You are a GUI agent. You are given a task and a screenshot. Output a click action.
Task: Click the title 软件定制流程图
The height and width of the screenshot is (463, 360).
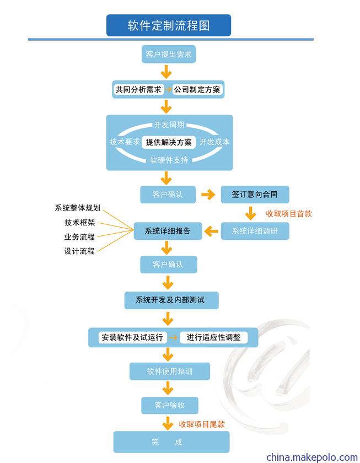[x=169, y=25]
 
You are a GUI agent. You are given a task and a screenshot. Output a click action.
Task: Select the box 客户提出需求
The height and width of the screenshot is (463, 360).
[x=169, y=54]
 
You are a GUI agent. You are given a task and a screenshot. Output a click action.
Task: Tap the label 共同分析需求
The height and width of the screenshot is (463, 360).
[x=138, y=89]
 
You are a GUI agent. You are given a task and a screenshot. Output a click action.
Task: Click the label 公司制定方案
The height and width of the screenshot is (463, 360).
[x=197, y=89]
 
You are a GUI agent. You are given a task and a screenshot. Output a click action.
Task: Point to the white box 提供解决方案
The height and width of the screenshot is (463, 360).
[x=169, y=142]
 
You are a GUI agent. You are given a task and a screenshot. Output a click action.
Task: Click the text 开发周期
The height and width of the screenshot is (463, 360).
[x=169, y=125]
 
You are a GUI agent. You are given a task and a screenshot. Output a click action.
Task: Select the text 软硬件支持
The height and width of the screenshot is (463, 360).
[x=169, y=160]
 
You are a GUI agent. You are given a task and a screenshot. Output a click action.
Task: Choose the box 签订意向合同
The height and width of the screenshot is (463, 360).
[x=255, y=194]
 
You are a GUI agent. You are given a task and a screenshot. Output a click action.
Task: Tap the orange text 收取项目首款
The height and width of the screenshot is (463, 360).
[x=289, y=213]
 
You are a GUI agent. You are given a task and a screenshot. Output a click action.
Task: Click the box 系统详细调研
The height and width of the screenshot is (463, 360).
[x=255, y=231]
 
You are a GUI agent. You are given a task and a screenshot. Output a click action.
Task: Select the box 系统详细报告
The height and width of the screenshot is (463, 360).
[x=168, y=231]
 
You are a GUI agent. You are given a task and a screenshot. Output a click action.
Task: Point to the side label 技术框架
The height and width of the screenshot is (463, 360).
[x=80, y=222]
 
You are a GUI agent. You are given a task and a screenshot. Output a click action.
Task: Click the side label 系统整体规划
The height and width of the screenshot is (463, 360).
[x=78, y=208]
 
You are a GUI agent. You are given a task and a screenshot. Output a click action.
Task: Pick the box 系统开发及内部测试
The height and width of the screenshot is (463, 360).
[x=171, y=300]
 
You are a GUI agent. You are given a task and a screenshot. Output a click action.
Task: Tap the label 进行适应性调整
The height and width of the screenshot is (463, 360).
[x=213, y=337]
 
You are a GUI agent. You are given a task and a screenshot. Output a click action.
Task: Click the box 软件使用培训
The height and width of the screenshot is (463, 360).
[x=170, y=371]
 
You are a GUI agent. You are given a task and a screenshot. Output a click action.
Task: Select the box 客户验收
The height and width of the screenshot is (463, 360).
[x=169, y=405]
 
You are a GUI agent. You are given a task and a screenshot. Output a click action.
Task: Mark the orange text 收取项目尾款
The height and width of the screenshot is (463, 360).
[x=202, y=424]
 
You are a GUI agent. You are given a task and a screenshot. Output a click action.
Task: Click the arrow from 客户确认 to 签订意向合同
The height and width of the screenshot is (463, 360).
[x=208, y=195]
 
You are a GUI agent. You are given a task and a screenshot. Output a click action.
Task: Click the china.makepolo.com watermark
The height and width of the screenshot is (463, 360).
[x=312, y=457]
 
